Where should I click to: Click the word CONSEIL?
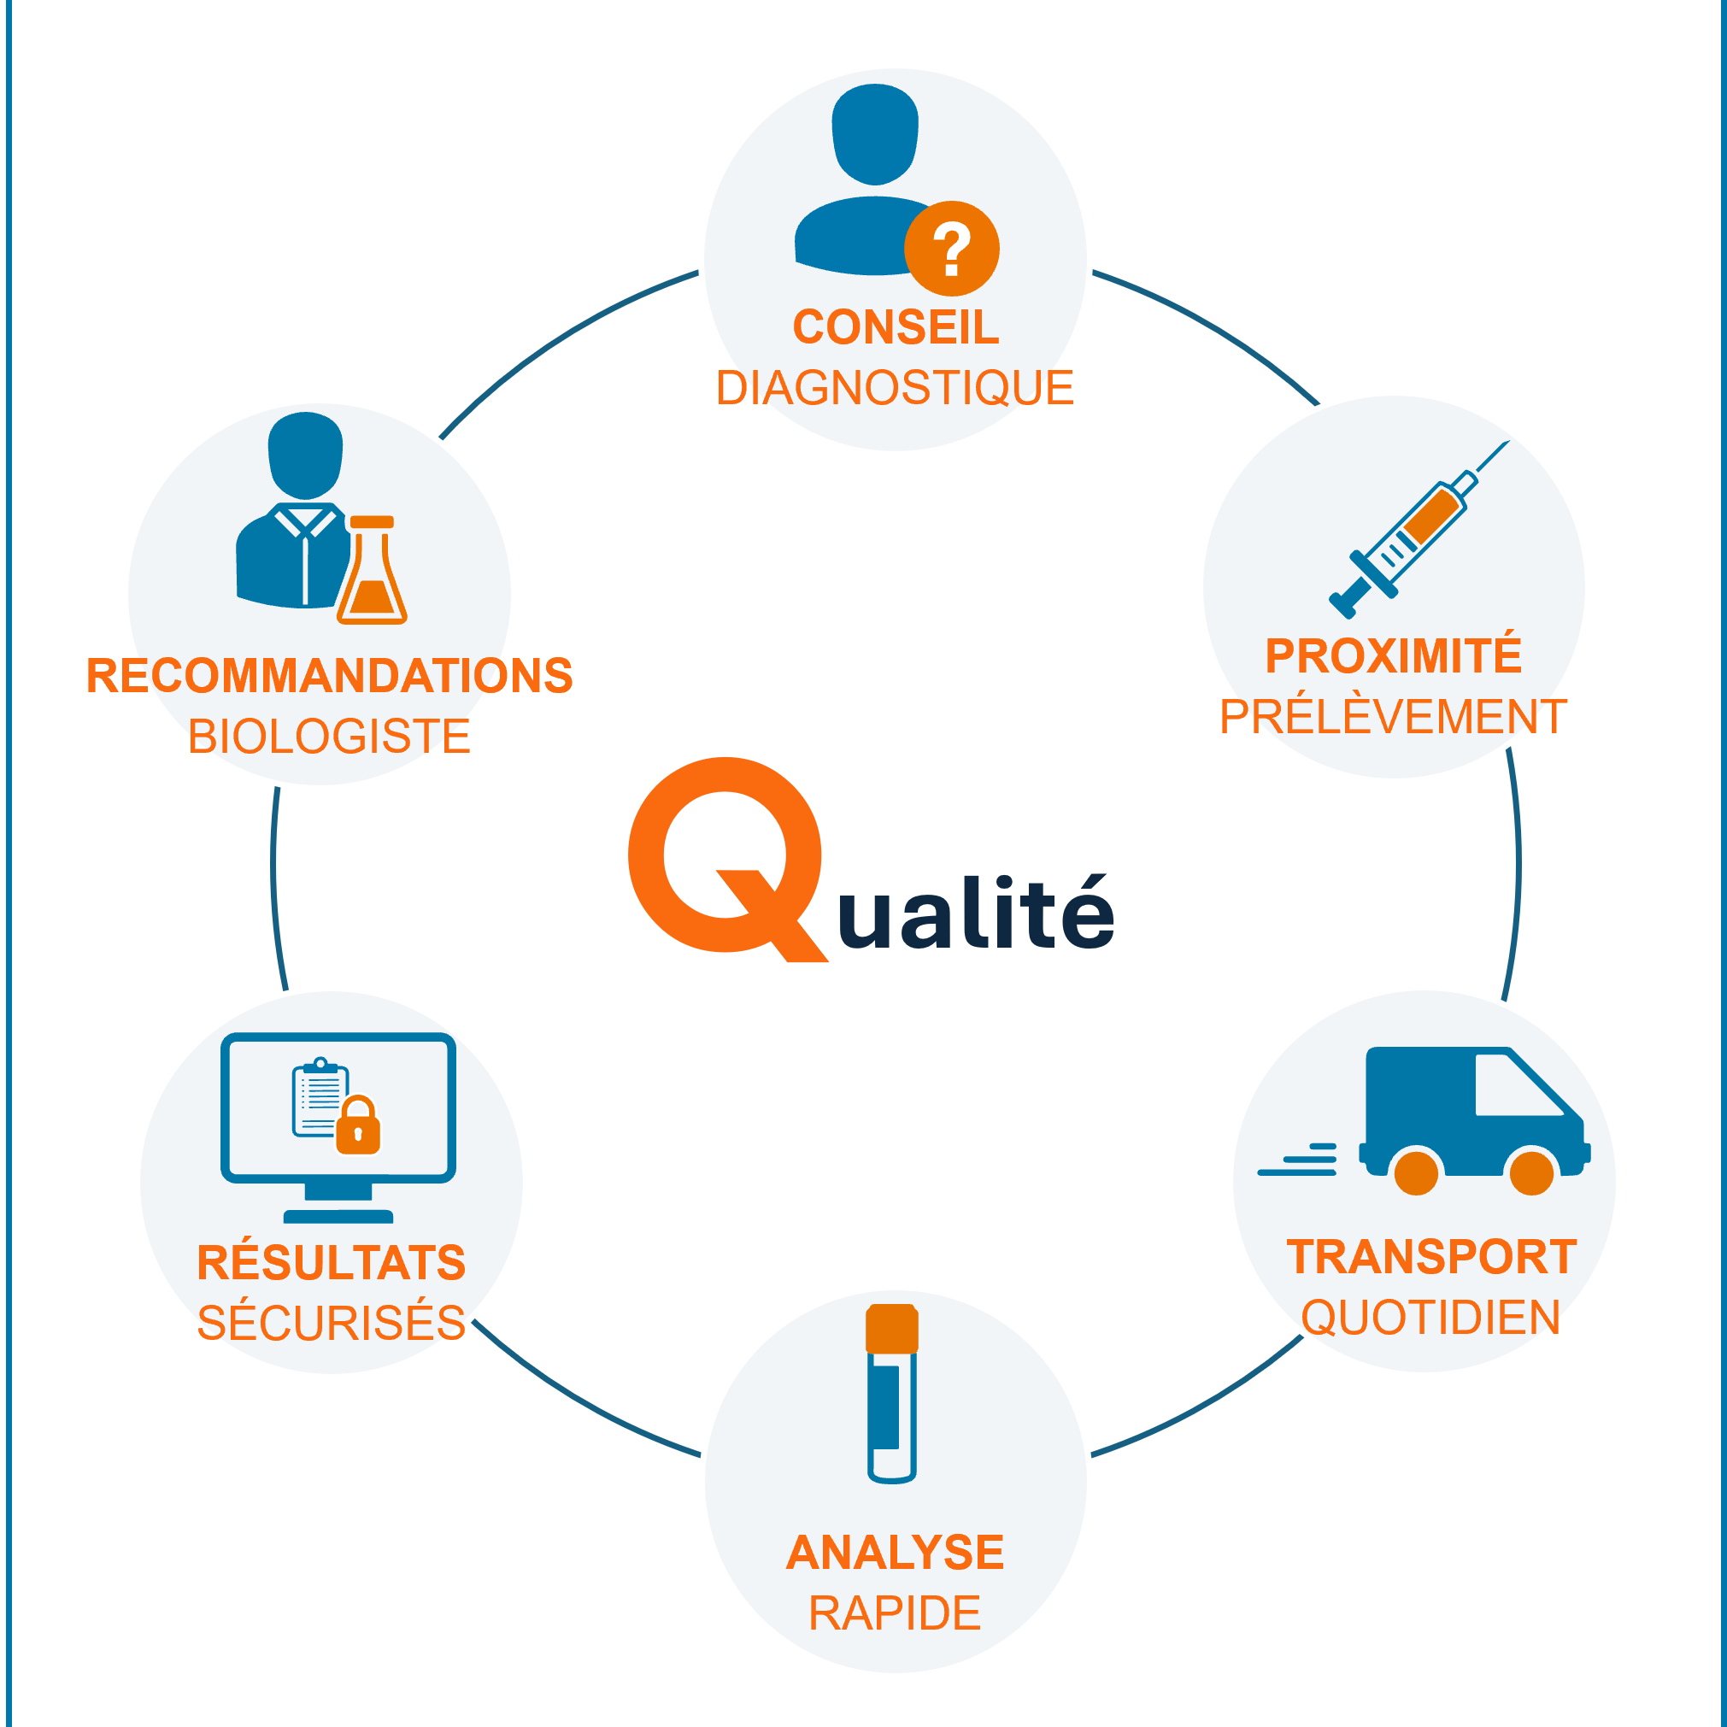(896, 327)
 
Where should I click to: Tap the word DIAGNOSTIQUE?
(895, 388)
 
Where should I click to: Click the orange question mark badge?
(952, 249)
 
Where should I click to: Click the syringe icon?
(1419, 529)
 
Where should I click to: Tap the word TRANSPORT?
(1432, 1257)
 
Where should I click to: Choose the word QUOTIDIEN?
(1431, 1318)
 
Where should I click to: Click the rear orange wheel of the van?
(1417, 1172)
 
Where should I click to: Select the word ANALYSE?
(896, 1553)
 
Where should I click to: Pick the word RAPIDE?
(895, 1613)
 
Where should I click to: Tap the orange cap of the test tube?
(892, 1328)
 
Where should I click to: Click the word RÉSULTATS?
(332, 1262)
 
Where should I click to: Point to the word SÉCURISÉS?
(332, 1323)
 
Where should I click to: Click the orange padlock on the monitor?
(358, 1125)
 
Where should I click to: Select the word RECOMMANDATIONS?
(330, 675)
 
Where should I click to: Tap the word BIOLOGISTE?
(329, 737)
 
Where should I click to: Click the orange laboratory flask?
(372, 569)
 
